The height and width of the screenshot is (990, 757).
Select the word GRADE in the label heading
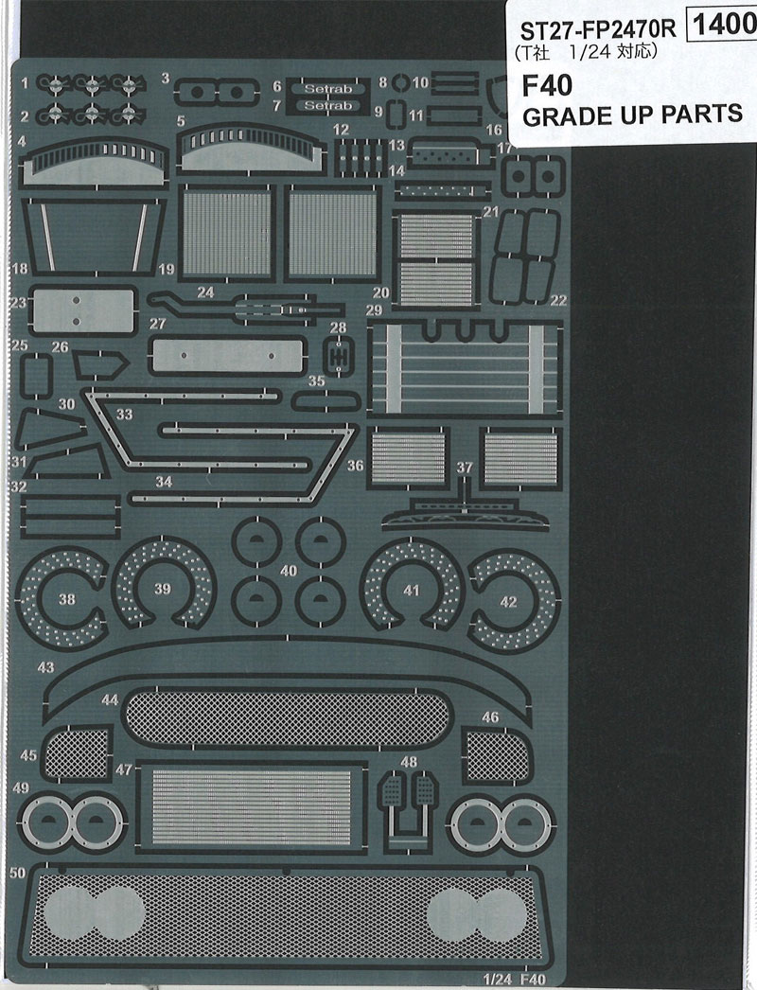coord(562,115)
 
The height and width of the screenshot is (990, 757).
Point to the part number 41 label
coord(410,590)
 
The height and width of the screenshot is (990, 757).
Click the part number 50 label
coord(15,872)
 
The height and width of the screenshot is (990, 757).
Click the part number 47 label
coord(124,769)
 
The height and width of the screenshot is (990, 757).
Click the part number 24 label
coord(205,292)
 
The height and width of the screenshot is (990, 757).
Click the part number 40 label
coord(288,572)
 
